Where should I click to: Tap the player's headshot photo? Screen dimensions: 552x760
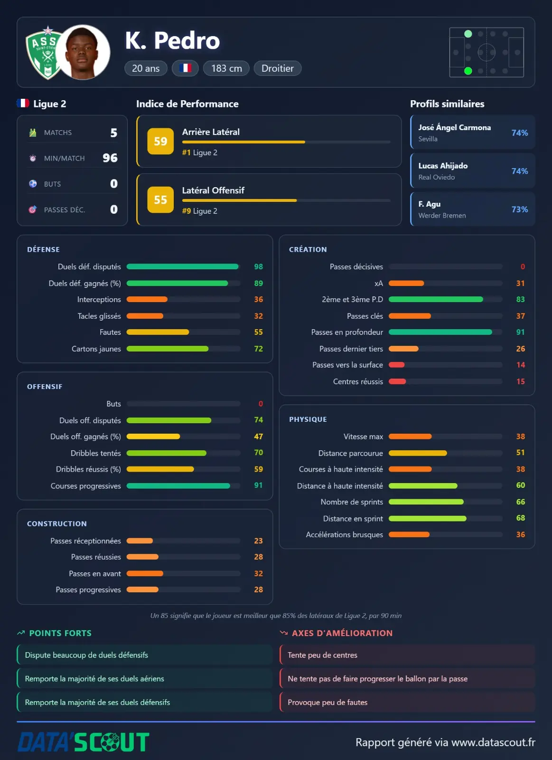pos(83,52)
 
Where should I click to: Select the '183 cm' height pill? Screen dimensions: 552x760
pos(226,68)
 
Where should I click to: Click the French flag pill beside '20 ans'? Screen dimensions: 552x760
pos(185,68)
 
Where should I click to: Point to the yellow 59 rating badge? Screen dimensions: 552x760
pos(160,141)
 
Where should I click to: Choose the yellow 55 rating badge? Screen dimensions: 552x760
pos(160,199)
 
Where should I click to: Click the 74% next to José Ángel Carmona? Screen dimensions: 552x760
pos(519,133)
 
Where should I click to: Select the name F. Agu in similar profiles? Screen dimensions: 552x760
pos(429,204)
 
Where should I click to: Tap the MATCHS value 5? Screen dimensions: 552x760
pos(114,133)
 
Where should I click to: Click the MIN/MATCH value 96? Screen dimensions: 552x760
pos(110,158)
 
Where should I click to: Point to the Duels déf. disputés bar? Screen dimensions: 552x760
pos(182,266)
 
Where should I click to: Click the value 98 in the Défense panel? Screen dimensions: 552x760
pos(258,266)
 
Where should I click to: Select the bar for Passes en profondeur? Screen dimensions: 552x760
pos(440,332)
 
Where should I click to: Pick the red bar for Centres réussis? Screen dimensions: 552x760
pos(397,381)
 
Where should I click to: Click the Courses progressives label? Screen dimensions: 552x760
pos(86,486)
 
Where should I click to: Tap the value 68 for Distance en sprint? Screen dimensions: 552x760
pos(521,518)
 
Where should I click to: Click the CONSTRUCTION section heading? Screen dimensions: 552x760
pos(57,523)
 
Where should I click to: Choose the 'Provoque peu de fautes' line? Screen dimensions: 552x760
pos(327,703)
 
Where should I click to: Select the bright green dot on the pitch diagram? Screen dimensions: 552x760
pos(468,71)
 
